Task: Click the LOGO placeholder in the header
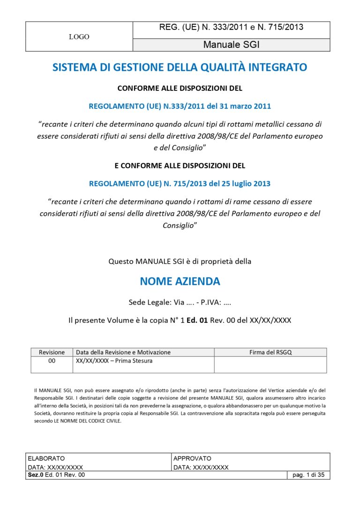[x=79, y=37]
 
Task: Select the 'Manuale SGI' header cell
[x=231, y=45]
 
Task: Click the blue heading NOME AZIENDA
[x=180, y=281]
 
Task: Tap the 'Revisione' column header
[x=52, y=352]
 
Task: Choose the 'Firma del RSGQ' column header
[x=270, y=352]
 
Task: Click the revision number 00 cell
[x=52, y=361]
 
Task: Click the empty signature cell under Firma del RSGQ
[x=270, y=364]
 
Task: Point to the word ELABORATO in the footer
[x=46, y=458]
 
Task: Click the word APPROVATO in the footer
[x=192, y=458]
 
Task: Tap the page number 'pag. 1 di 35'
[x=308, y=475]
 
